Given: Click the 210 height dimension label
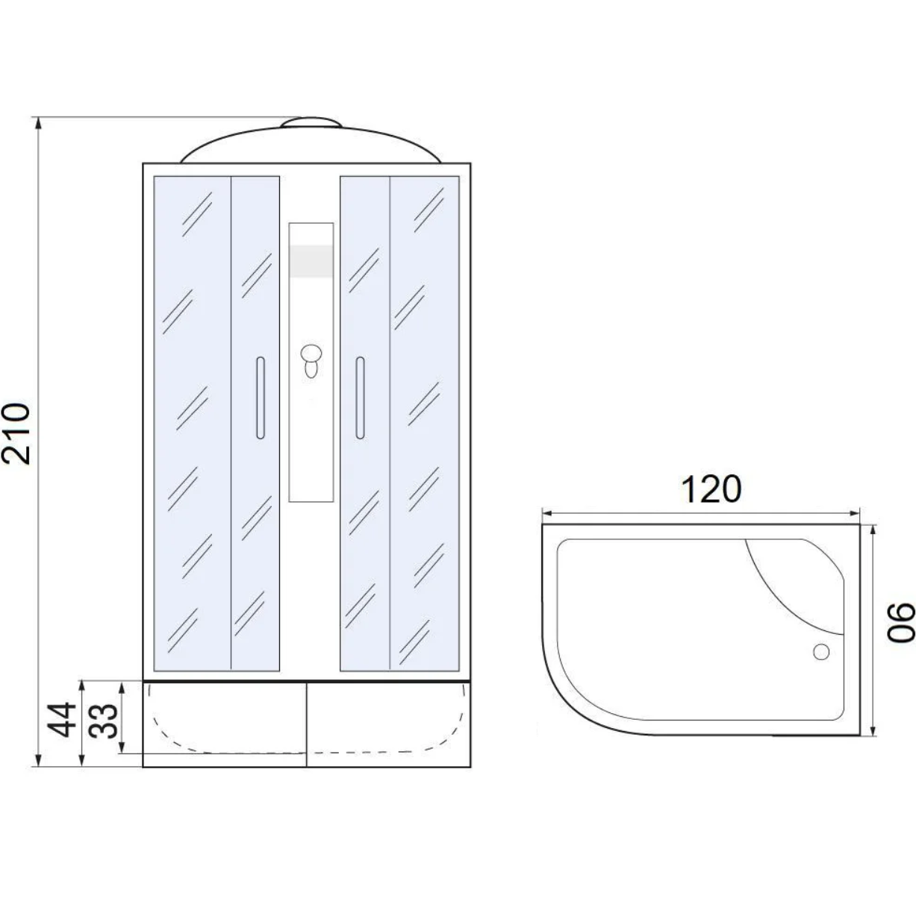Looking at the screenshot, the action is tap(16, 433).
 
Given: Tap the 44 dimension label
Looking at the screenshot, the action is tap(62, 720).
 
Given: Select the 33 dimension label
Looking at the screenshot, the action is tap(104, 720).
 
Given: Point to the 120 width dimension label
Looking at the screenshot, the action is tap(711, 490).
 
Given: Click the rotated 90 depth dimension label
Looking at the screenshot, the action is tap(901, 622).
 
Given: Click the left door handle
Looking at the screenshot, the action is tap(260, 398).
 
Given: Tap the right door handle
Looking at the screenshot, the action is tap(360, 398).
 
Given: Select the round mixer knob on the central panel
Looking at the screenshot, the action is tap(311, 354).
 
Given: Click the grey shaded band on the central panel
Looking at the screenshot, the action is tap(311, 261).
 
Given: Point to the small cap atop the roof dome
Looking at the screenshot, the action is tap(311, 122).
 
